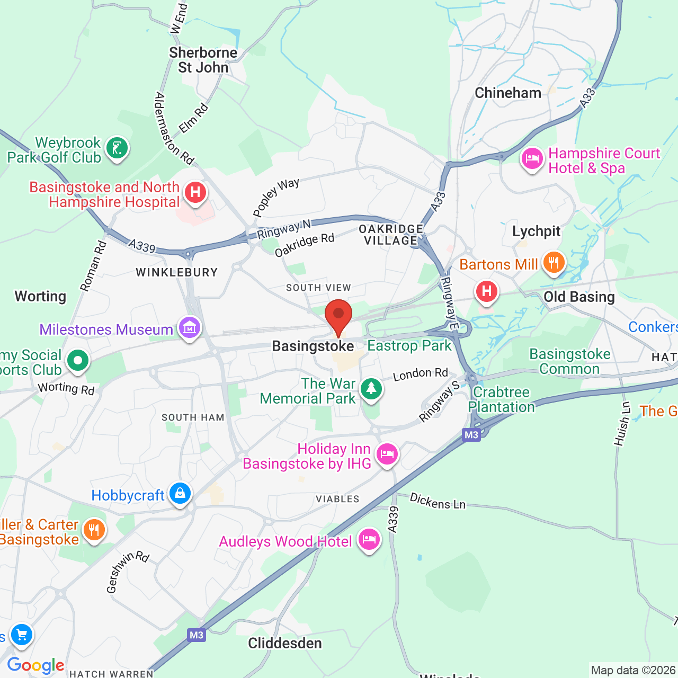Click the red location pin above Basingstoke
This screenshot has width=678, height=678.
click(338, 315)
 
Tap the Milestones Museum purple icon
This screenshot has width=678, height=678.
click(190, 328)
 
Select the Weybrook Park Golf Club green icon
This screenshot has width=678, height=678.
click(117, 148)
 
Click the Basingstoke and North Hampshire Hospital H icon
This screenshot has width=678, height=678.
click(195, 193)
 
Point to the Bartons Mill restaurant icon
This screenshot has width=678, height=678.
click(554, 262)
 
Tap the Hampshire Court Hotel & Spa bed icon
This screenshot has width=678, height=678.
click(532, 158)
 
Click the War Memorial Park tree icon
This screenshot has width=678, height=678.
click(371, 389)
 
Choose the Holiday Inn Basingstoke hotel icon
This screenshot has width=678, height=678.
click(387, 454)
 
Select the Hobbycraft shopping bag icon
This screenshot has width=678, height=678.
click(180, 493)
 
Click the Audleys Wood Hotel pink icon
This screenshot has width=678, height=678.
click(369, 539)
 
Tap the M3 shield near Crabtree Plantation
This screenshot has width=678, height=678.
click(471, 435)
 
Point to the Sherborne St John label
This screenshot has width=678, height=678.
click(203, 60)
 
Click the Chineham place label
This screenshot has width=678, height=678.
click(507, 93)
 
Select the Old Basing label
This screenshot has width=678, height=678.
click(579, 297)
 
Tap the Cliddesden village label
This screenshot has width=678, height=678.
click(285, 643)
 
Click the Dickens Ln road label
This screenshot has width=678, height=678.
click(438, 501)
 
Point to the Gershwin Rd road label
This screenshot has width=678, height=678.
click(127, 572)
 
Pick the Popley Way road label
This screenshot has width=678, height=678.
click(276, 198)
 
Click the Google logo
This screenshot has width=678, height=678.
click(35, 665)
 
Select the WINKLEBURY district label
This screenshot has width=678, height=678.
click(176, 272)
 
